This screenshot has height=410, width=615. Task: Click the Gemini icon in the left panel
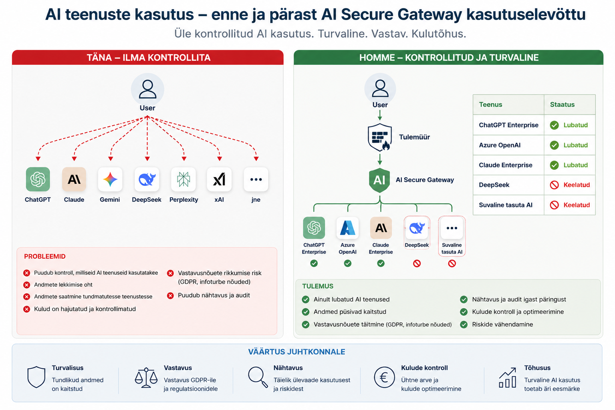click(x=110, y=179)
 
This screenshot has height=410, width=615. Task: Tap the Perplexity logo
click(x=183, y=179)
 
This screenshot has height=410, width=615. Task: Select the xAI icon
click(x=219, y=179)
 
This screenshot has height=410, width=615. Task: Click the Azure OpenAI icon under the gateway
click(x=348, y=228)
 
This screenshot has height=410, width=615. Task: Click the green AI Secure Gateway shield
click(x=379, y=180)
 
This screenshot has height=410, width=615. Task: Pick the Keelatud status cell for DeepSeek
click(x=570, y=185)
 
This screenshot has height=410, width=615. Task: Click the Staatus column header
click(x=562, y=105)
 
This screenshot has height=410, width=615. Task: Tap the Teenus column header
click(x=490, y=105)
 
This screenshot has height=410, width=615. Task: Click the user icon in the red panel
click(x=147, y=89)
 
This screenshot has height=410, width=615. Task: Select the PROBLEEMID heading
click(x=45, y=256)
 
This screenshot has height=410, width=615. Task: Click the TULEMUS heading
click(x=318, y=286)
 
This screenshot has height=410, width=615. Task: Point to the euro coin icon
click(x=384, y=377)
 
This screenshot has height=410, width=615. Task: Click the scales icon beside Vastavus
click(x=146, y=378)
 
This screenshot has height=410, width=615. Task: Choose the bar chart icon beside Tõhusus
click(x=507, y=378)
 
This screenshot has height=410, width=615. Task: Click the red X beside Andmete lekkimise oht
click(x=26, y=285)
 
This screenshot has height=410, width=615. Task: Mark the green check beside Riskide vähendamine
click(x=464, y=325)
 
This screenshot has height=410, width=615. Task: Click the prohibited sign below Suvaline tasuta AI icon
click(x=452, y=263)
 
